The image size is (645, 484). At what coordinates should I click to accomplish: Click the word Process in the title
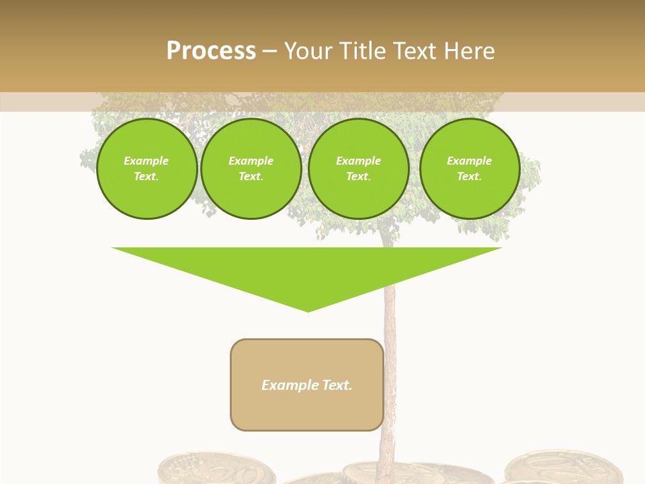pyautogui.click(x=211, y=51)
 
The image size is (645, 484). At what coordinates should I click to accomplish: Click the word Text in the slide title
pyautogui.click(x=414, y=51)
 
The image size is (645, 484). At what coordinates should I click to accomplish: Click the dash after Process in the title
pyautogui.click(x=270, y=52)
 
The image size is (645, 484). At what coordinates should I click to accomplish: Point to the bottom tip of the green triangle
pyautogui.click(x=308, y=310)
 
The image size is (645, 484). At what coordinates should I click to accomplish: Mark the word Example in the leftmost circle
pyautogui.click(x=146, y=161)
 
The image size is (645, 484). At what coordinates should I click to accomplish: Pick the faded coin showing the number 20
pyautogui.click(x=215, y=471)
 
